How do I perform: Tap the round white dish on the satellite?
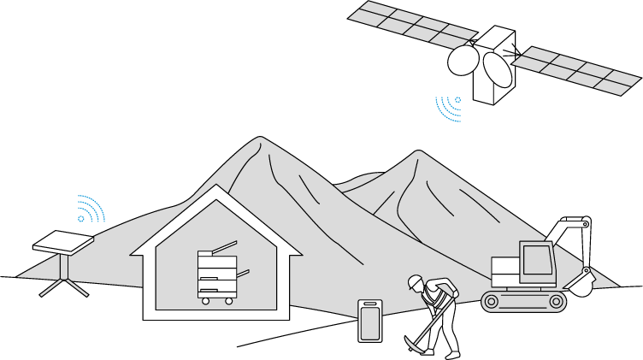tap(463, 61)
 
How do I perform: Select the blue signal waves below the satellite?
tap(449, 108)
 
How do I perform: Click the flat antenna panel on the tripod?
tap(63, 241)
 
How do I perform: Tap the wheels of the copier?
tap(216, 300)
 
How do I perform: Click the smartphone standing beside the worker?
tap(370, 321)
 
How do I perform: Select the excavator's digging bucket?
tap(581, 283)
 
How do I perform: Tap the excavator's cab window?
tap(536, 258)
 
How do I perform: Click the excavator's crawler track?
tap(523, 300)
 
